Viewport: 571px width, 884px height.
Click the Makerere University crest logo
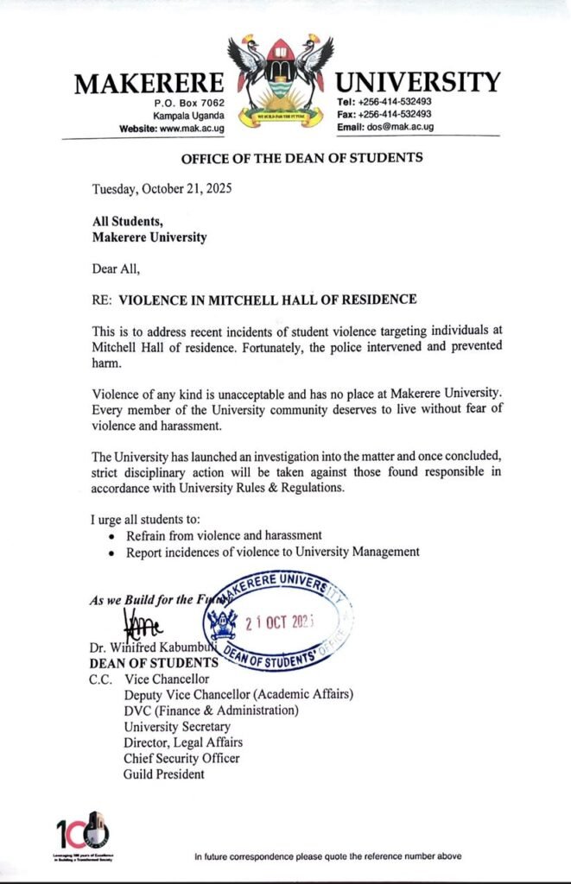point(280,81)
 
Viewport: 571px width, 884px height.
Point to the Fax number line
point(384,114)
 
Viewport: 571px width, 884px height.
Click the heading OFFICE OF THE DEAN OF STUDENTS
point(301,158)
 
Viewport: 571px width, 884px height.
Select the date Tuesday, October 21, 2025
point(162,188)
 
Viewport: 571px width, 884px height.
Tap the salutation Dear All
point(116,268)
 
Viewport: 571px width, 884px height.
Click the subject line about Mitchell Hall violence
point(267,300)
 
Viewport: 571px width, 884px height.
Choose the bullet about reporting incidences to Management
point(272,551)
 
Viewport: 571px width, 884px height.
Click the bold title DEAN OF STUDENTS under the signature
point(154,663)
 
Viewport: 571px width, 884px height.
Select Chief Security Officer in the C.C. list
point(181,758)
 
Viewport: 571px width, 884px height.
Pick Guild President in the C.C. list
point(164,774)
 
